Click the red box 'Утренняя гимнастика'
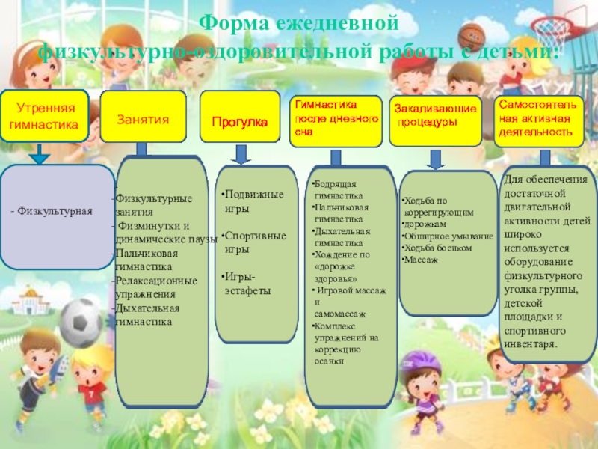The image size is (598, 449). [x=44, y=117]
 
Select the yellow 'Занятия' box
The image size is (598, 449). [x=142, y=118]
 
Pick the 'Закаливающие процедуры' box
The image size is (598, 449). [x=435, y=119]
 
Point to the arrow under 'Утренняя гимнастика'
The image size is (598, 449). [x=38, y=154]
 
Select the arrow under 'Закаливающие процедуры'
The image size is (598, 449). [x=435, y=159]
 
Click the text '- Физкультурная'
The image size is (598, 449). [x=51, y=212]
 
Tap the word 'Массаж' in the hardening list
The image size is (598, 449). [x=420, y=259]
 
